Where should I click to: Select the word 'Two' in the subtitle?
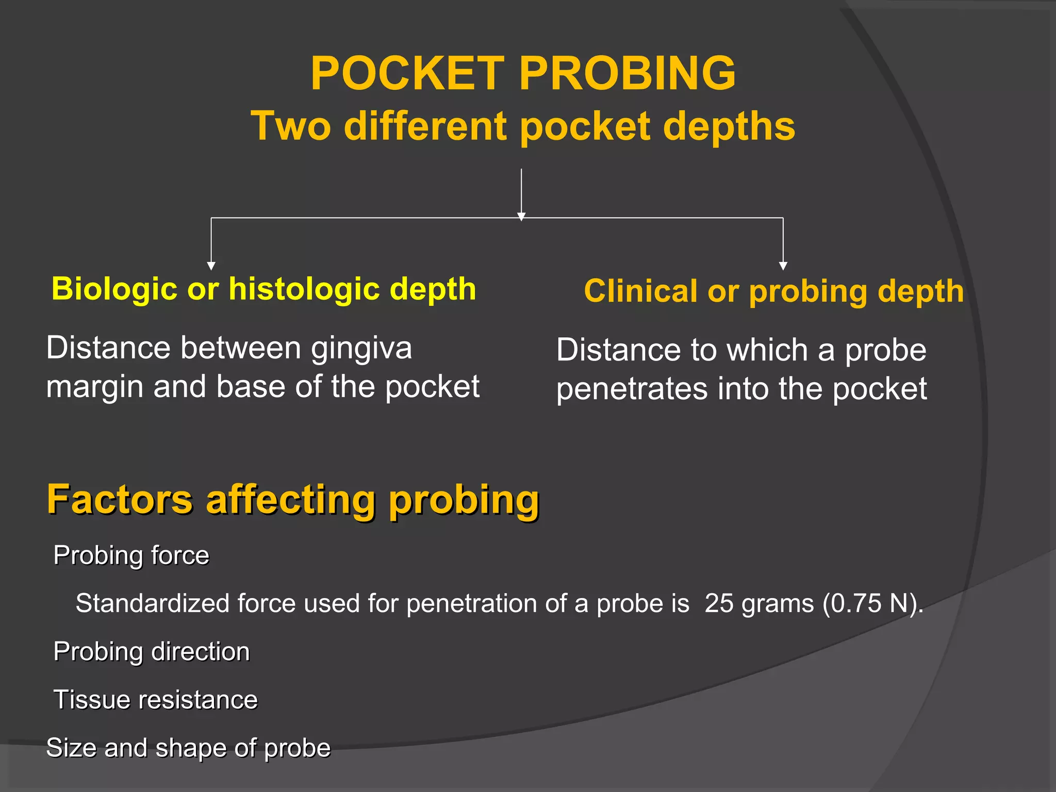click(x=291, y=126)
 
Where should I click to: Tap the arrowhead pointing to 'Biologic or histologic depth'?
click(x=211, y=266)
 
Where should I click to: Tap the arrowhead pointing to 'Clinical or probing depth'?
click(x=783, y=266)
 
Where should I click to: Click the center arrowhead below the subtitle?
click(x=521, y=217)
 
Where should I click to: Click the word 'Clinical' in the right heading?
click(x=640, y=291)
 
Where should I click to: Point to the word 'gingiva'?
click(x=361, y=349)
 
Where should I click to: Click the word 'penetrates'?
click(x=632, y=389)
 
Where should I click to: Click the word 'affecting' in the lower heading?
click(x=291, y=500)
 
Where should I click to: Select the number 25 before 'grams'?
click(x=719, y=603)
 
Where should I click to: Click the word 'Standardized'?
click(x=152, y=603)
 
